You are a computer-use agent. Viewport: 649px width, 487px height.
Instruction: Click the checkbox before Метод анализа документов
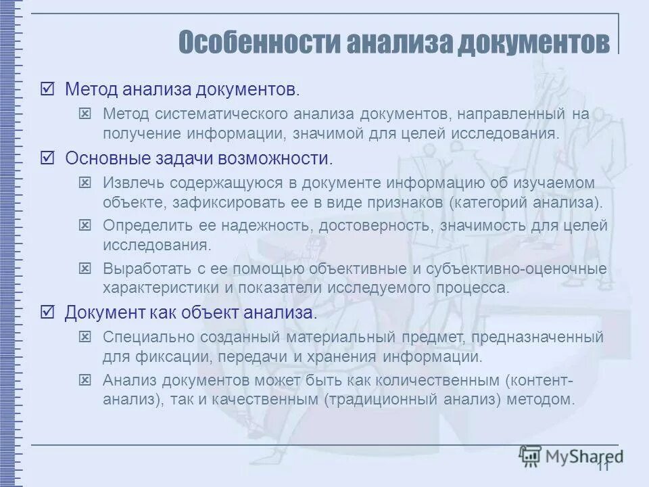pyautogui.click(x=47, y=89)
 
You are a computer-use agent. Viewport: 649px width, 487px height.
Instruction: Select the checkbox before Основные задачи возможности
pyautogui.click(x=47, y=159)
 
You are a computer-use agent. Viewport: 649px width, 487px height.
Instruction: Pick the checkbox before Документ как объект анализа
pyautogui.click(x=47, y=312)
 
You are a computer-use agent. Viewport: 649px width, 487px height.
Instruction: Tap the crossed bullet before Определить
pyautogui.click(x=85, y=225)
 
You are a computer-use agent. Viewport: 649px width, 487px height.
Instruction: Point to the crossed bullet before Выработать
pyautogui.click(x=85, y=269)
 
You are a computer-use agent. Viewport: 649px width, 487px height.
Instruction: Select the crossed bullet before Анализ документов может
pyautogui.click(x=85, y=379)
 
